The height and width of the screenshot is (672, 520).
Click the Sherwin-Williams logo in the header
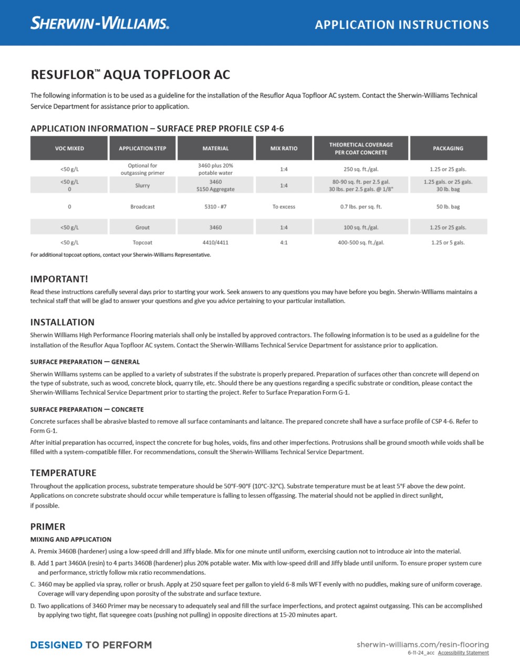[x=100, y=23]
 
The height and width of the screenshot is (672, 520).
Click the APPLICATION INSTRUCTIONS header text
[x=402, y=25]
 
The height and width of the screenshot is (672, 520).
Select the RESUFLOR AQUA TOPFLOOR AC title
[x=130, y=75]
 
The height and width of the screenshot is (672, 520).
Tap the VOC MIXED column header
[x=69, y=149]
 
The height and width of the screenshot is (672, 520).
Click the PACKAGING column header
[x=448, y=149]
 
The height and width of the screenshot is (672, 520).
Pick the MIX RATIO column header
[x=284, y=149]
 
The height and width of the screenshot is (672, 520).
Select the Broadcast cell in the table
[x=142, y=207]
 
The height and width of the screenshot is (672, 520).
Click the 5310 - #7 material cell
[x=215, y=207]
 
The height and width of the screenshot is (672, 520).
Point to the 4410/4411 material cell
[x=215, y=243]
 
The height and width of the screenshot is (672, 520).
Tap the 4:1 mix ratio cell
[x=284, y=243]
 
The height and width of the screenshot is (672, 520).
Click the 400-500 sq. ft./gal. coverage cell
[x=361, y=243]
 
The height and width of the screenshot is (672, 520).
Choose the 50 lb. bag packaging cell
[x=448, y=207]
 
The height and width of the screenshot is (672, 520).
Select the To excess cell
[x=284, y=207]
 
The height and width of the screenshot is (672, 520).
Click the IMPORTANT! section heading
[x=59, y=279]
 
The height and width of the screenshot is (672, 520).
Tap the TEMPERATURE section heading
[x=63, y=473]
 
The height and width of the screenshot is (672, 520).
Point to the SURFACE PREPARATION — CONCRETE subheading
[x=87, y=409]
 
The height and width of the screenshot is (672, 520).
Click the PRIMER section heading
[x=48, y=527]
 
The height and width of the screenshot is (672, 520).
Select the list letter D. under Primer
[x=33, y=606]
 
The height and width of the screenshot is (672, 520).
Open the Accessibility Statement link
[x=463, y=653]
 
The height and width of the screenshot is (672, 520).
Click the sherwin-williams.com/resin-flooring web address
[x=422, y=644]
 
